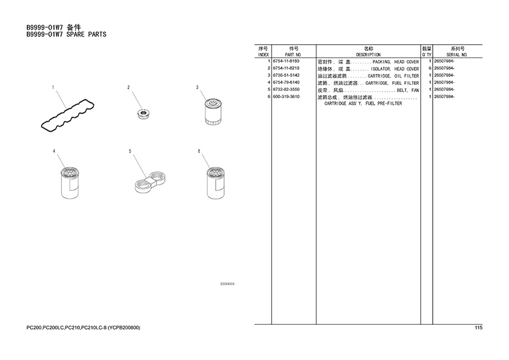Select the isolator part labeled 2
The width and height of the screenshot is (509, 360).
point(144,114)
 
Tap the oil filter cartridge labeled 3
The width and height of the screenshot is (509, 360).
point(212,112)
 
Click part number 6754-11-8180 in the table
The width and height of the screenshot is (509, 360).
point(286,61)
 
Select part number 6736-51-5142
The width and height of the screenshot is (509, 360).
point(286,75)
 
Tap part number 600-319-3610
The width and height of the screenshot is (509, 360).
point(286,97)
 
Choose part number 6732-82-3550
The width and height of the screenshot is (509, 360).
point(286,90)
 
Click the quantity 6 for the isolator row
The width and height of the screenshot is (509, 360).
point(430,68)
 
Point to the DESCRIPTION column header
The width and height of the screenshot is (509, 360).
point(368,55)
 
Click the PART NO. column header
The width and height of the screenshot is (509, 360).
point(293,55)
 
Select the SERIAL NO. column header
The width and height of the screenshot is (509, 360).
point(457,55)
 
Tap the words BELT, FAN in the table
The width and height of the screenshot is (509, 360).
point(408,90)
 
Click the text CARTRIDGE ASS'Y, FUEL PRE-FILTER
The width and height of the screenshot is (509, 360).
point(363,104)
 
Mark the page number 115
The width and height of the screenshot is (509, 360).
point(479,327)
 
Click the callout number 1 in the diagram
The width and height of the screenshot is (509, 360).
point(53,87)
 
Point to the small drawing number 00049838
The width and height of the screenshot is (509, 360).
point(228,284)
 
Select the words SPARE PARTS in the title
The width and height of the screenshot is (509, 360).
point(86,35)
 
